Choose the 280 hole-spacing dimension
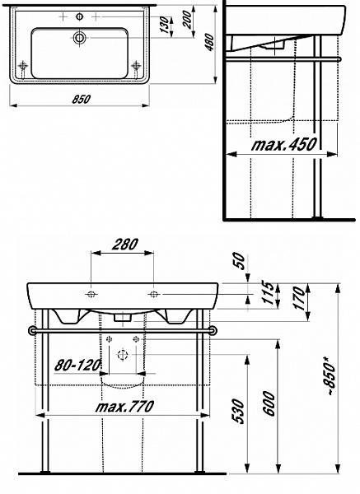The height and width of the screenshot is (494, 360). (x=122, y=245)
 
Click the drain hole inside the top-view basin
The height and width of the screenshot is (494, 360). (x=80, y=38)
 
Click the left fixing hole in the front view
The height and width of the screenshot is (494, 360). (x=90, y=293)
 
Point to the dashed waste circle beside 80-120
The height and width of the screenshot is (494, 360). (x=122, y=355)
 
